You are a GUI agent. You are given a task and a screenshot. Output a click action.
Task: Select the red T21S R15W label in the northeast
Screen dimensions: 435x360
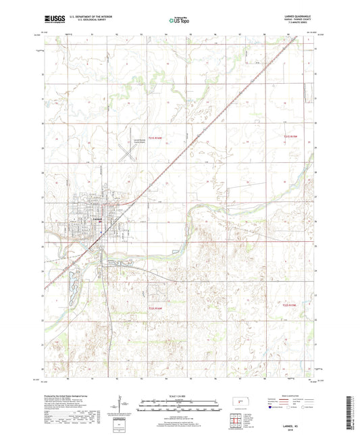click(x=290, y=136)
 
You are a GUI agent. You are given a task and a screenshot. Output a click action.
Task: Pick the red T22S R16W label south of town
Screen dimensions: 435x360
click(x=156, y=307)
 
